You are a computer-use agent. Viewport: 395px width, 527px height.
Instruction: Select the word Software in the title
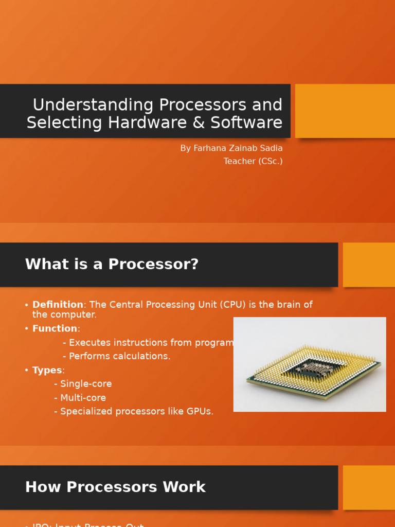click(x=249, y=123)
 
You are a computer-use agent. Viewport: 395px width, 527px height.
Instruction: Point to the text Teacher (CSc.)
click(x=253, y=162)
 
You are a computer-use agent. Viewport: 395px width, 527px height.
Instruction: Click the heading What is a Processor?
click(x=112, y=265)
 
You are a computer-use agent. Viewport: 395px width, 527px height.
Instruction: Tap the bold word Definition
click(x=58, y=305)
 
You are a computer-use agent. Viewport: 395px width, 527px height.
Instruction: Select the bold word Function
click(x=55, y=328)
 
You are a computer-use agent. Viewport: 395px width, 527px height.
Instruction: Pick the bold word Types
click(x=47, y=371)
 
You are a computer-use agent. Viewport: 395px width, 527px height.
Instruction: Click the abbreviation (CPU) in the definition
click(x=233, y=305)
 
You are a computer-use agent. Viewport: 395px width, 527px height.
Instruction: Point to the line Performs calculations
click(x=119, y=356)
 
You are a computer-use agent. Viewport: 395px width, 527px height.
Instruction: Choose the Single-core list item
click(x=85, y=384)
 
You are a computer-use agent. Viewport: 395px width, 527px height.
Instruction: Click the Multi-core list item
click(x=83, y=398)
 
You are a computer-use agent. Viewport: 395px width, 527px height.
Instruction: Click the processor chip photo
click(x=310, y=364)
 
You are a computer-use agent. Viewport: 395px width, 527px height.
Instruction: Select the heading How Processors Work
click(x=115, y=487)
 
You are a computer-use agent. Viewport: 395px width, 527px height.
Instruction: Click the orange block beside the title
click(x=345, y=111)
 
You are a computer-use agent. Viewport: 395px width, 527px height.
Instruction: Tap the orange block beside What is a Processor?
click(x=369, y=265)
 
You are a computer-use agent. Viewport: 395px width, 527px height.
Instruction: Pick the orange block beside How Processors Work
click(x=369, y=487)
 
